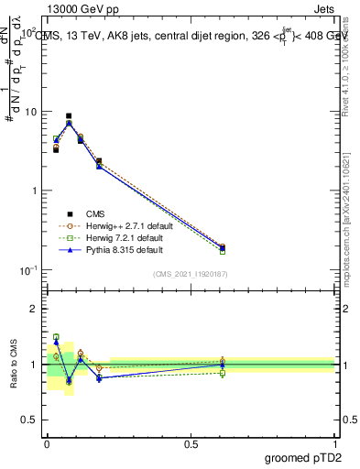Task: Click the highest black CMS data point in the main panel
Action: tap(69, 116)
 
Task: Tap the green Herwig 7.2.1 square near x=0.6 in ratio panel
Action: tap(222, 373)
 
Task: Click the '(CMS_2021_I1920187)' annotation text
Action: tap(190, 274)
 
